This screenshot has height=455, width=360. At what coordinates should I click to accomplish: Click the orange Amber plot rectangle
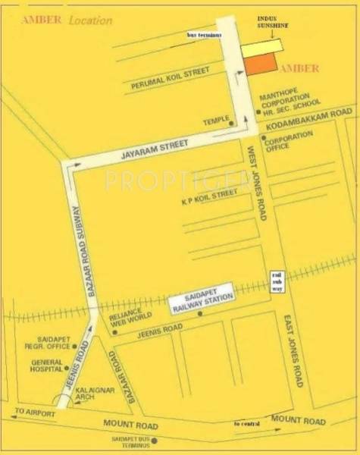pos(261,64)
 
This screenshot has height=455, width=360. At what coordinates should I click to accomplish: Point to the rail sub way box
pos(278,281)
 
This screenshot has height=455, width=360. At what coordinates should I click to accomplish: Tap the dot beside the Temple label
pos(233,123)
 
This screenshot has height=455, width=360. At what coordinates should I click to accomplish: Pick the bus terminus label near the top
pos(206,36)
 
